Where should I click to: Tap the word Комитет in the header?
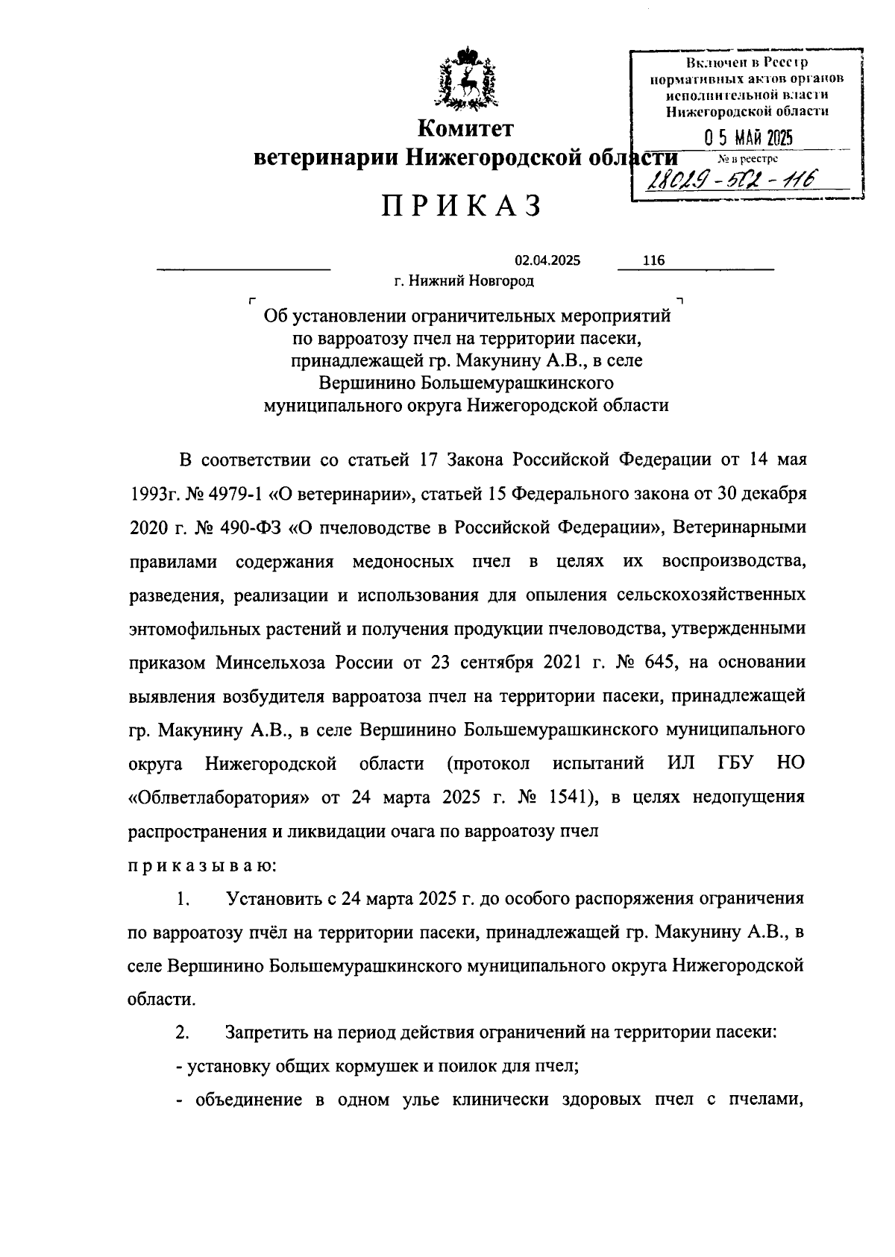point(465,129)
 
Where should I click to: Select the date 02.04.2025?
point(547,260)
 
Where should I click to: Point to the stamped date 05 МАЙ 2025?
point(748,139)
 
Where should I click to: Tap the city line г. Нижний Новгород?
point(464,281)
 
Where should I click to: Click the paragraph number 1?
point(183,899)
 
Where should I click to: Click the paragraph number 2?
point(183,1033)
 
